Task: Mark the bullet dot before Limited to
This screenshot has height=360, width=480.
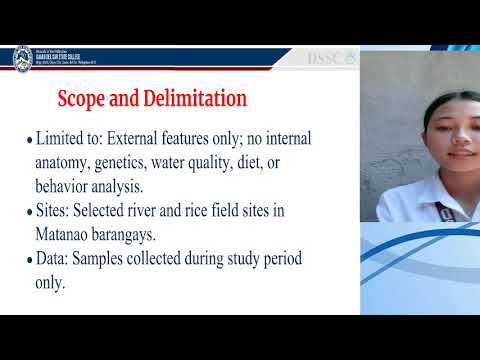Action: click(x=29, y=140)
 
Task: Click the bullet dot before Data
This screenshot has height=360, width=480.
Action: click(x=29, y=261)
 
